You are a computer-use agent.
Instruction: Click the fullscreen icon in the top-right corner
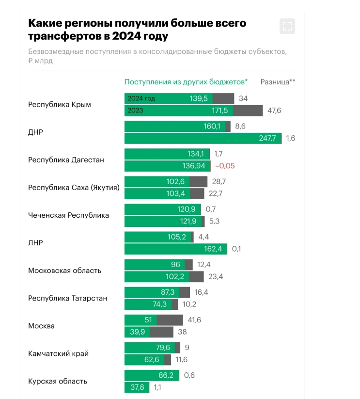287,26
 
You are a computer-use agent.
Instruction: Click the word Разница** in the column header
278,82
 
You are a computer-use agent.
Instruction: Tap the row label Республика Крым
60,104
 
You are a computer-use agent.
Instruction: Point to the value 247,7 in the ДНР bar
267,138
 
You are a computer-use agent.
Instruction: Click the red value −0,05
225,166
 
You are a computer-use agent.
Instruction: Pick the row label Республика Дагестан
66,160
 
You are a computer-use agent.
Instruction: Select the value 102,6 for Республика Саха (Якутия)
176,182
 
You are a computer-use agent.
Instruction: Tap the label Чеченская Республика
68,215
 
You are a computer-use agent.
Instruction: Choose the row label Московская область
64,271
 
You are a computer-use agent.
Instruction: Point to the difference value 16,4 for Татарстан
201,292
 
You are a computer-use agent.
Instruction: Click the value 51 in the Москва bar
148,320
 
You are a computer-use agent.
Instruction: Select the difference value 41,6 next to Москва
194,320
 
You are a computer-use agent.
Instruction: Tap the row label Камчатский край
58,353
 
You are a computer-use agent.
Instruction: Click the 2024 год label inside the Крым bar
141,98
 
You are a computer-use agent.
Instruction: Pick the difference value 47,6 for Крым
274,111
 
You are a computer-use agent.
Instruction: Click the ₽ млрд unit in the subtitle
40,61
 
